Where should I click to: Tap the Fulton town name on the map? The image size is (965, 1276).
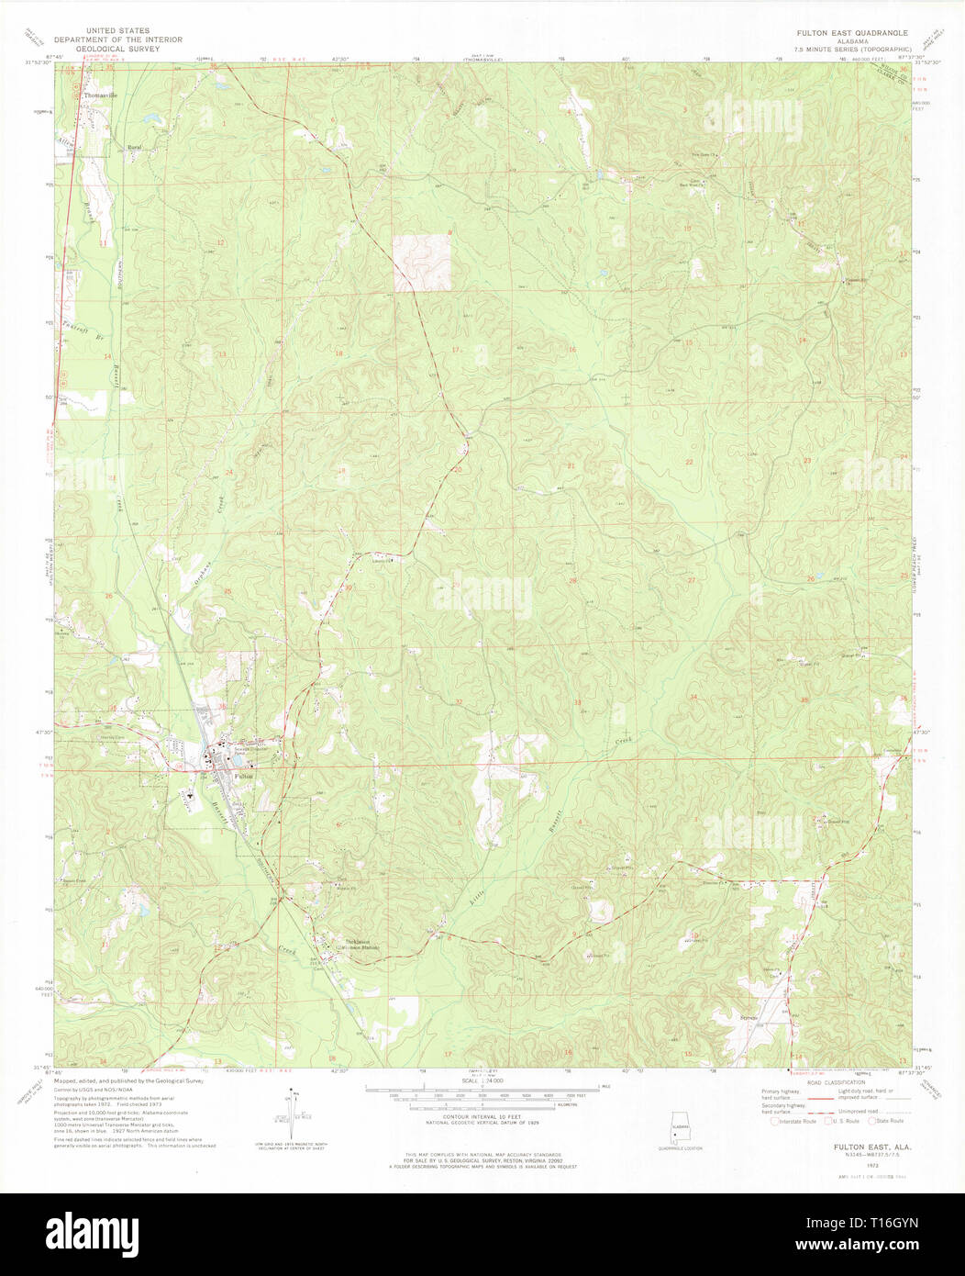click(x=243, y=777)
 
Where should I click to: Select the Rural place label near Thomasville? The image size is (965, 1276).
click(x=135, y=147)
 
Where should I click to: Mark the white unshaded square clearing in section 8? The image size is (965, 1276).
click(x=423, y=263)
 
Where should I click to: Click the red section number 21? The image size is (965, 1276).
click(x=571, y=465)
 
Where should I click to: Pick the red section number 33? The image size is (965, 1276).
click(x=577, y=703)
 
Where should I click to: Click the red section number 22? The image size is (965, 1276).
click(x=689, y=462)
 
